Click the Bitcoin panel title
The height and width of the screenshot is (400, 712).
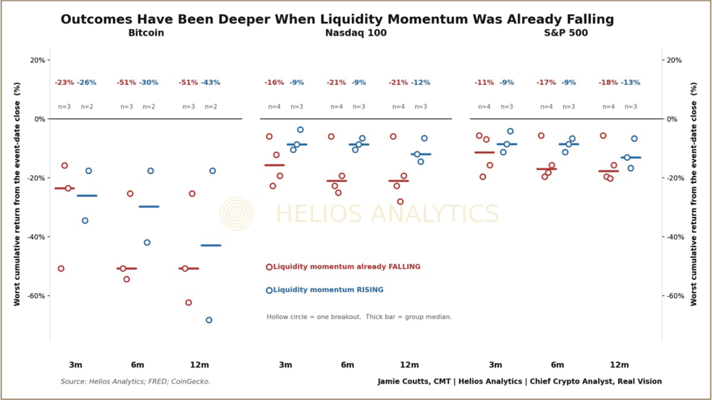click(x=146, y=33)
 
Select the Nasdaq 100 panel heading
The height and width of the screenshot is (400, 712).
click(x=355, y=33)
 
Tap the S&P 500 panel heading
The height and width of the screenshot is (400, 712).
click(x=566, y=33)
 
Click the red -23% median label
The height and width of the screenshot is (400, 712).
click(x=64, y=83)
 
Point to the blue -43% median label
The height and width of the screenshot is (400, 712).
click(x=210, y=83)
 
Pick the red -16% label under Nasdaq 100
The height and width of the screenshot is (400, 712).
click(x=274, y=83)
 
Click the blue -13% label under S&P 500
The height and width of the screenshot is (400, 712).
click(x=631, y=83)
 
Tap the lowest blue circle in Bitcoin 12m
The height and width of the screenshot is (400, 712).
click(x=209, y=320)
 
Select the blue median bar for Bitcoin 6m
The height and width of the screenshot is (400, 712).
click(x=149, y=207)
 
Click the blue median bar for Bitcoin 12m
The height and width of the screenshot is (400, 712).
click(x=211, y=246)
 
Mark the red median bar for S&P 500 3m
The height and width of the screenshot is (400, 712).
click(x=485, y=152)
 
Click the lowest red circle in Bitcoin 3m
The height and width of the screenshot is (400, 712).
click(x=61, y=268)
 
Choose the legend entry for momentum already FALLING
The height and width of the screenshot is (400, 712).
click(x=344, y=267)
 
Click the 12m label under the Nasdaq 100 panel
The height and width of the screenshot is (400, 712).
click(x=410, y=365)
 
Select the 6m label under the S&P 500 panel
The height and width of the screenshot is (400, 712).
click(x=557, y=365)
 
